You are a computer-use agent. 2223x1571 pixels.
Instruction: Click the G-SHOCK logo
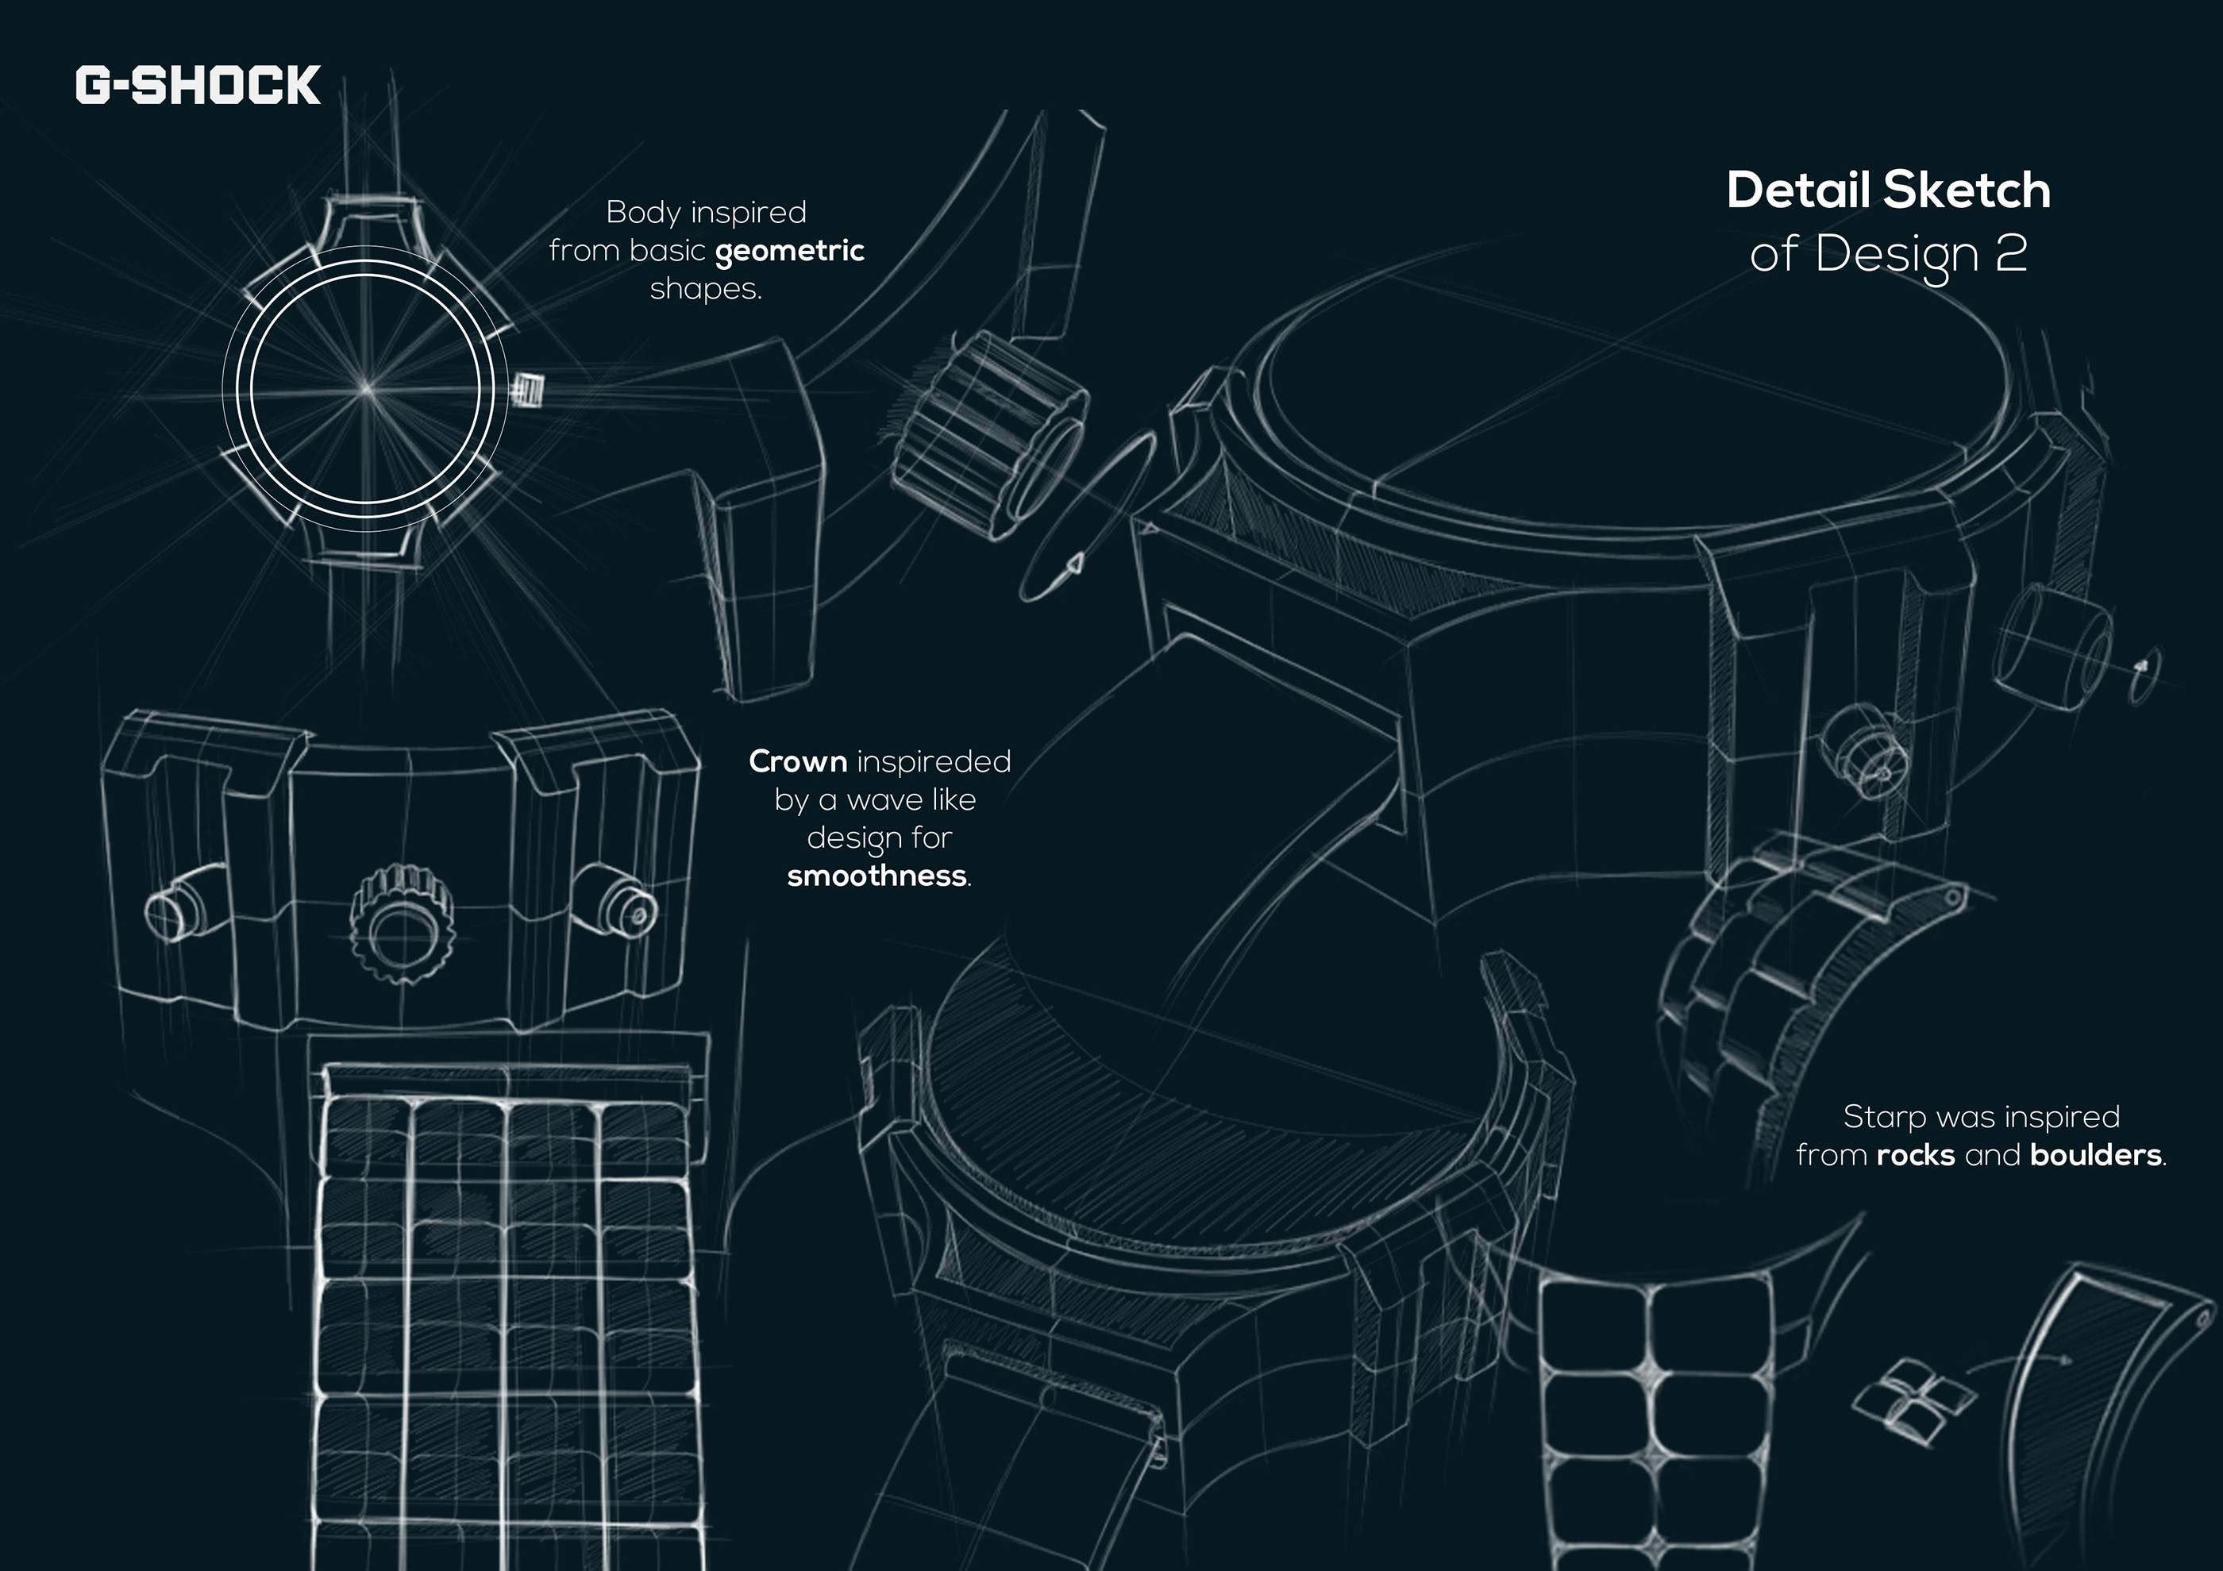point(198,85)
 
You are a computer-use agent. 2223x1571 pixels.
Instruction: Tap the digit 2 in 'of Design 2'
point(2010,252)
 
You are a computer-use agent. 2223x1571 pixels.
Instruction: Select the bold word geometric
point(789,252)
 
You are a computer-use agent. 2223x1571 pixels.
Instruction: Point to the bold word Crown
point(798,762)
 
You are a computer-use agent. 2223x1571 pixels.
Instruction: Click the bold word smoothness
point(876,876)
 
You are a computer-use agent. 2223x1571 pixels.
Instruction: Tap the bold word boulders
point(2095,1155)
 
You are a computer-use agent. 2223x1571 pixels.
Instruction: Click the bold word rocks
point(1915,1155)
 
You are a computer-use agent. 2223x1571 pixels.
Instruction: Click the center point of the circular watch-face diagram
point(366,389)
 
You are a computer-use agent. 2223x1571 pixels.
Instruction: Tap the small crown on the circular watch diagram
point(528,390)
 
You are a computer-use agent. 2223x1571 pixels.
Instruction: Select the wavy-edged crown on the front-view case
point(401,924)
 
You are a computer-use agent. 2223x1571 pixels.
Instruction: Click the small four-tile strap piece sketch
point(1914,1400)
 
